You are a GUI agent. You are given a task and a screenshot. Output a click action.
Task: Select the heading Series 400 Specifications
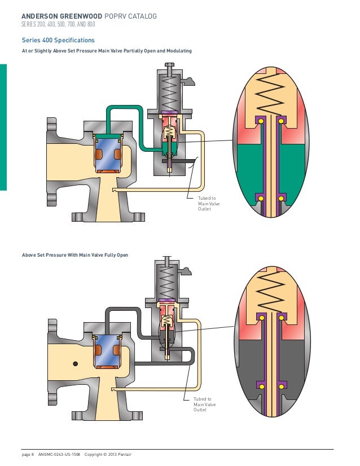tap(58, 41)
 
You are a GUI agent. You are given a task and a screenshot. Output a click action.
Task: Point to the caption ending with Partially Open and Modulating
tap(107, 51)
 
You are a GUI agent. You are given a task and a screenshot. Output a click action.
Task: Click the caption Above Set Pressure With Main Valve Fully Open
tap(75, 255)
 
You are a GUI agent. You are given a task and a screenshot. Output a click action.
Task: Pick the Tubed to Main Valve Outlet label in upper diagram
tap(207, 204)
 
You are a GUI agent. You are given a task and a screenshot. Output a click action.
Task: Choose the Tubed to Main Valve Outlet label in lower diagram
tap(205, 405)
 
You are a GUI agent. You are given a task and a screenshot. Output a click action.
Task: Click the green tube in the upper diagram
tap(125, 107)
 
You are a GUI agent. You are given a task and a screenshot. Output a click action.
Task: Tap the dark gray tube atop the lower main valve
tap(121, 309)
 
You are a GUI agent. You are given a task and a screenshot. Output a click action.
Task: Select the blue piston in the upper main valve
tap(107, 155)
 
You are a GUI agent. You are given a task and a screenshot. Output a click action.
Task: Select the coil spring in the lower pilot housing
tap(168, 280)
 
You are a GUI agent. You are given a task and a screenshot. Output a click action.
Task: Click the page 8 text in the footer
tap(28, 454)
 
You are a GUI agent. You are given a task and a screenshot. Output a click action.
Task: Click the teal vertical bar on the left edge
tap(3, 127)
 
